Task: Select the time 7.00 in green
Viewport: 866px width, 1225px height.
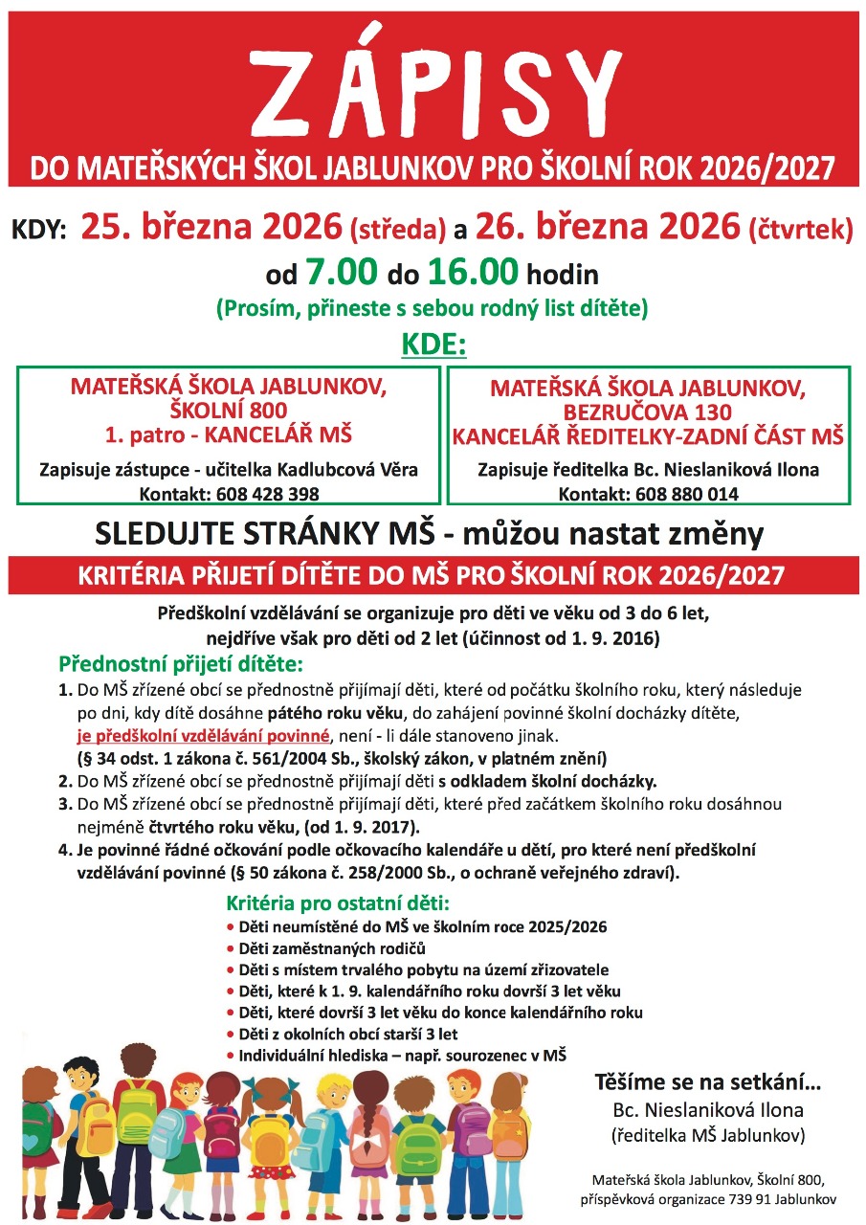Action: (x=341, y=276)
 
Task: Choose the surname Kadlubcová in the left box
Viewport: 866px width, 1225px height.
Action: (x=326, y=470)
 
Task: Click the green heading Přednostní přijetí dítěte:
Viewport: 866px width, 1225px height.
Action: (x=180, y=663)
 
